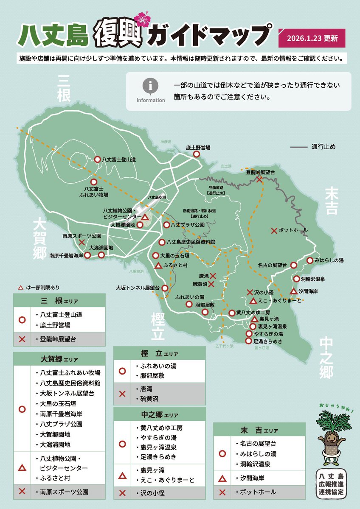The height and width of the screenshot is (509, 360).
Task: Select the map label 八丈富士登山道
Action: (x=119, y=159)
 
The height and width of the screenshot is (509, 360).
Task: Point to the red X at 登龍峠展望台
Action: (x=259, y=179)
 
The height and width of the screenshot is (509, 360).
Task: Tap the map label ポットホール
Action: (x=293, y=230)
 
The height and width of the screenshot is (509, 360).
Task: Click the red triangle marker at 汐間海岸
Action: (x=293, y=291)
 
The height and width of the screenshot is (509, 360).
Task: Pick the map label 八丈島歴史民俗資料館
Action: (x=191, y=242)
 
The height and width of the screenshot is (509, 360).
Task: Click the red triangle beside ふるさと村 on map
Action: (x=157, y=266)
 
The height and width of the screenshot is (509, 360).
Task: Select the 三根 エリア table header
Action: (x=59, y=301)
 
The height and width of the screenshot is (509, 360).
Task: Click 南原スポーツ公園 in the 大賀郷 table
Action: (x=64, y=492)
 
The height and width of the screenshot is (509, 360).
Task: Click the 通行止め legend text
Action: (x=323, y=147)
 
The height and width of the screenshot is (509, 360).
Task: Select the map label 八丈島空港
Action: (x=156, y=198)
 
